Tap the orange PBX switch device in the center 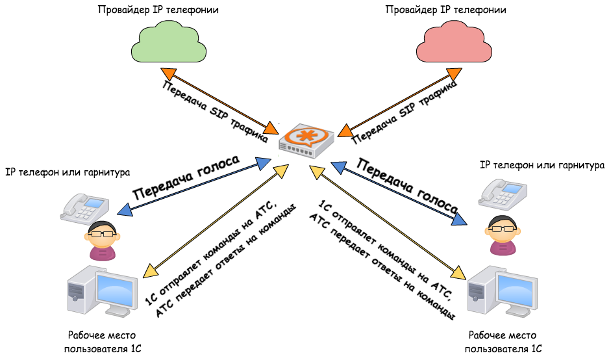[x=306, y=138]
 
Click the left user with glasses [x=102, y=240]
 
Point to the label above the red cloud [x=445, y=10]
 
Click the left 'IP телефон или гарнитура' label [x=68, y=172]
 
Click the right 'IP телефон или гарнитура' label [x=541, y=166]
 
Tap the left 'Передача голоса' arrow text [x=186, y=177]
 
